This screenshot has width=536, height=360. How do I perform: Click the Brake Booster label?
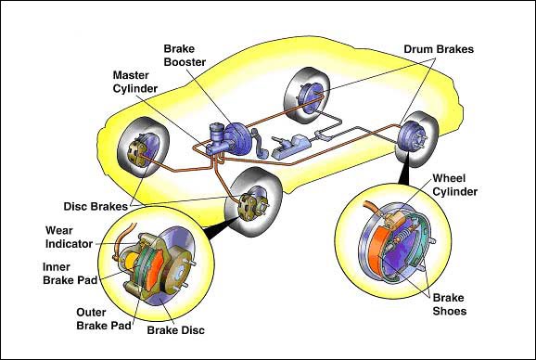(x=185, y=56)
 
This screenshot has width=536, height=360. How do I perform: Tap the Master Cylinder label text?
(x=135, y=82)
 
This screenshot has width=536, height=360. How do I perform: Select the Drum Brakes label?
(x=439, y=49)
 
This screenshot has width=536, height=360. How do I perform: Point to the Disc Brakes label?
(x=96, y=207)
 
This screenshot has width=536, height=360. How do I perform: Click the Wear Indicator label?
(x=69, y=237)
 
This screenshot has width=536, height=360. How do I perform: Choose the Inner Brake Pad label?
(x=70, y=274)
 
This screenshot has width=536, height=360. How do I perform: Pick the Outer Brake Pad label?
(x=104, y=319)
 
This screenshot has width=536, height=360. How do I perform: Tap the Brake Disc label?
(x=175, y=330)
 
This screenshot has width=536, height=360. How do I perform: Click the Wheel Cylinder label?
(x=455, y=185)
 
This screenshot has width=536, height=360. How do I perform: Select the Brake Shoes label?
(x=449, y=304)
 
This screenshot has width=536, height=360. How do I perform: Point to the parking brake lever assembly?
(x=290, y=146)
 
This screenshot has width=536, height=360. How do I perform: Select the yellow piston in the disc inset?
(x=131, y=262)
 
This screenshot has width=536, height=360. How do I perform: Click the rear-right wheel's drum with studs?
(x=413, y=136)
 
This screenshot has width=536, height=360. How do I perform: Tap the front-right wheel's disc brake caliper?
(x=249, y=206)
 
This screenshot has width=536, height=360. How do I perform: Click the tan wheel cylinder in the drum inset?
(x=395, y=218)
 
